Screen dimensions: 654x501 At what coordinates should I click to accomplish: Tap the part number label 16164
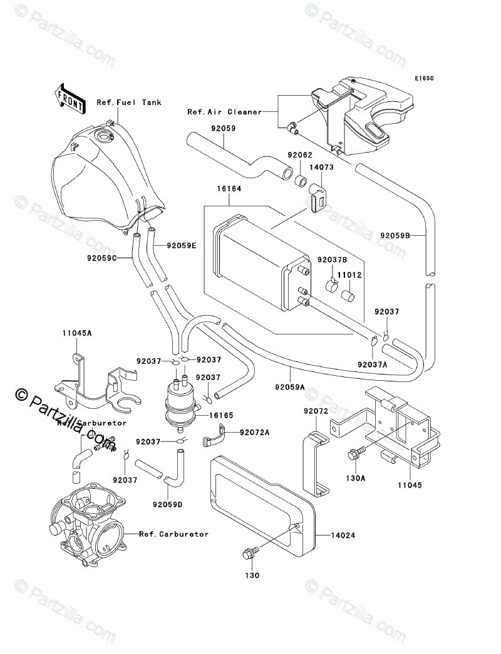230,188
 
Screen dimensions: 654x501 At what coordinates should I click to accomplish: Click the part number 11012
351,275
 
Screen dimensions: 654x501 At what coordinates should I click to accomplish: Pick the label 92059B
395,236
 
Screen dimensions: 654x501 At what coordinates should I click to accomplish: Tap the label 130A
356,479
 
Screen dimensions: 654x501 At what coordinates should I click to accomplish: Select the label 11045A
77,333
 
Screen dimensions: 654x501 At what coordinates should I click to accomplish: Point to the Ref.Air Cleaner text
215,112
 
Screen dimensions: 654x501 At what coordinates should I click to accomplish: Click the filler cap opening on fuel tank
101,136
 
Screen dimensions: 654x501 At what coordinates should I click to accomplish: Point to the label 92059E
182,246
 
